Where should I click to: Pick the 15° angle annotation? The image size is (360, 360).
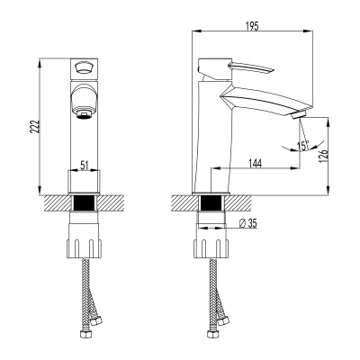(x=305, y=144)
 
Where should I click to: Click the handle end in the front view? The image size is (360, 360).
(x=83, y=67)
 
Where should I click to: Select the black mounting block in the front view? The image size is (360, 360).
(x=84, y=203)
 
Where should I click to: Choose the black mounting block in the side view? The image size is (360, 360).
(x=212, y=203)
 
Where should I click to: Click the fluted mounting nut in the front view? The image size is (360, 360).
(x=84, y=245)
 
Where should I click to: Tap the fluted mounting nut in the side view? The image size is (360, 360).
(x=212, y=245)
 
